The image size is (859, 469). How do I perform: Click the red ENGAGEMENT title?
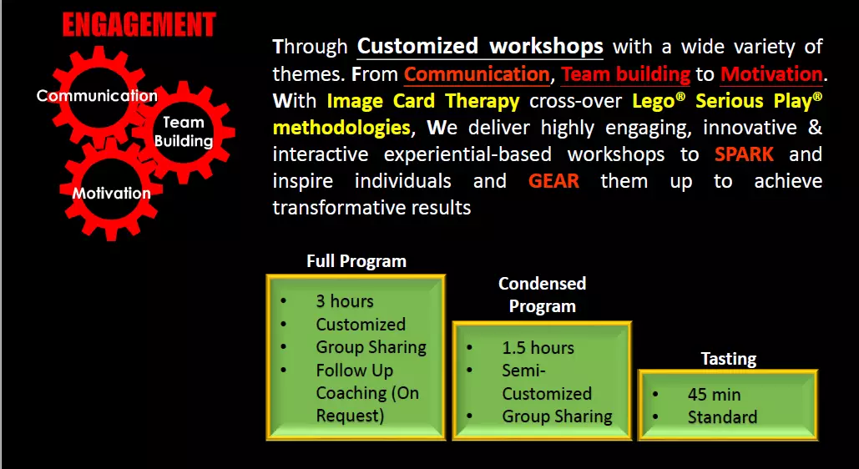[x=139, y=25]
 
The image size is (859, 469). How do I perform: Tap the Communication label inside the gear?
[x=97, y=96]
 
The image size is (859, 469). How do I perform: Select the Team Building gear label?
[x=184, y=132]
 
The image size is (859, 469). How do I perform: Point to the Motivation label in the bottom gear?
[x=111, y=193]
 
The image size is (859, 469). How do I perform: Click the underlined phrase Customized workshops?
[x=480, y=47]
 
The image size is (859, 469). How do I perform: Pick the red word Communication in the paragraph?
[x=477, y=74]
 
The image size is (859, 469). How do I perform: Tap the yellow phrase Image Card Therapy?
[x=423, y=101]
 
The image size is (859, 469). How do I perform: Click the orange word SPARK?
[x=744, y=154]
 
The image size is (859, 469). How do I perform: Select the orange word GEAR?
[x=553, y=181]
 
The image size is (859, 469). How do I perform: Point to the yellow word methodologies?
[x=341, y=129]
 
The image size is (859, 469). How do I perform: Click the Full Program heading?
[x=356, y=261]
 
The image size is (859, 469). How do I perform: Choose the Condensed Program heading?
[x=543, y=295]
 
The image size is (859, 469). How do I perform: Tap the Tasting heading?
[x=729, y=359]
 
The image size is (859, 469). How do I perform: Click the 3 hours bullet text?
[x=345, y=300]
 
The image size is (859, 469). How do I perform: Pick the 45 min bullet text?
[x=714, y=395]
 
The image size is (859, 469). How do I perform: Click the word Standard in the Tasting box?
[x=723, y=417]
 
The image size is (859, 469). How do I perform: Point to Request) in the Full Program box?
[x=350, y=416]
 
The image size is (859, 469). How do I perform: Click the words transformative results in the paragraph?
[x=372, y=208]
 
